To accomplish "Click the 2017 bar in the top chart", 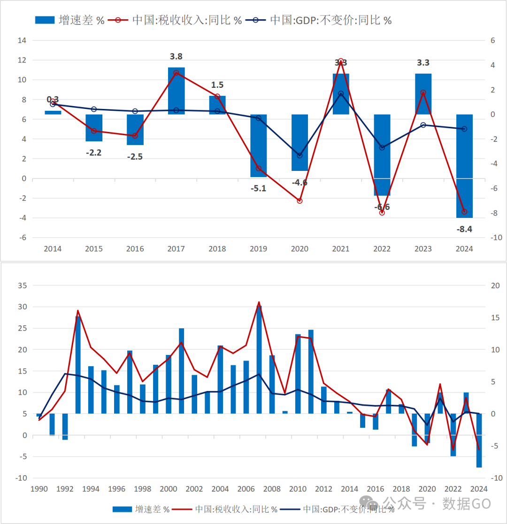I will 176,91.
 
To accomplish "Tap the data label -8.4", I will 464,230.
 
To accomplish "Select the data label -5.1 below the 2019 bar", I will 258,189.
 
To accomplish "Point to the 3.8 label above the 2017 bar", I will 176,56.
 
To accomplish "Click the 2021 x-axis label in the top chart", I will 341,249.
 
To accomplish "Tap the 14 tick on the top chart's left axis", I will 22,40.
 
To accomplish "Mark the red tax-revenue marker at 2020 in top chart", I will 300,200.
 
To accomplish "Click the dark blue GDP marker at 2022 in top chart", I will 382,147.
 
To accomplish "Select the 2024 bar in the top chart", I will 464,166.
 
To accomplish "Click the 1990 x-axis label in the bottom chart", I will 39,489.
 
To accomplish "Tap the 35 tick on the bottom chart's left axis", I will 22,285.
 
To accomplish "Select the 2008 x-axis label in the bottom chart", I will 272,489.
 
